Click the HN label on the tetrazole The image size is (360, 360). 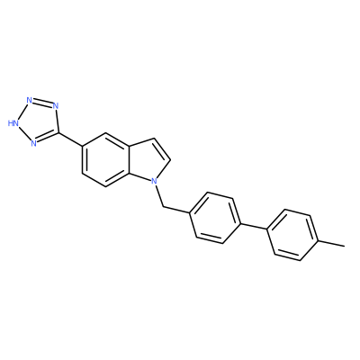(13, 123)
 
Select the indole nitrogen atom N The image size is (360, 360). (154, 181)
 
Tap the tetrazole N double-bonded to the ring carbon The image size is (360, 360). (33, 143)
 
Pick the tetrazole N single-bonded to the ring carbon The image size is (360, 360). (55, 106)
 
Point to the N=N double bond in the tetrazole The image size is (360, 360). (42, 102)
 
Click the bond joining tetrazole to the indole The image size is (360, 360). (70, 139)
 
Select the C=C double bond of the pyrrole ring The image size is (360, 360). (162, 149)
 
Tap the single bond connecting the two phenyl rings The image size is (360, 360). (254, 227)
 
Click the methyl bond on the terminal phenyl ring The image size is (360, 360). (331, 244)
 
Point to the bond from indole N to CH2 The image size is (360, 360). (159, 195)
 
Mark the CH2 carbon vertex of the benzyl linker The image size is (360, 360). (163, 206)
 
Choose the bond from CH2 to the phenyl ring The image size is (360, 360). (176, 210)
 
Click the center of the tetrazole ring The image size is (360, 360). (39, 122)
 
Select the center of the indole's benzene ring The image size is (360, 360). (105, 159)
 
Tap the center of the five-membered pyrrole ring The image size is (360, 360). (150, 161)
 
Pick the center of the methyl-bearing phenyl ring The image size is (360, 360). (292, 235)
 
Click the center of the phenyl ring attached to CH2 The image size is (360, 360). (215, 218)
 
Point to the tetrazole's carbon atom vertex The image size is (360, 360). (58, 132)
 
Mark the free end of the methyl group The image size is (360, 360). (345, 247)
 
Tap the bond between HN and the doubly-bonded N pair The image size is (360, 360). (23, 112)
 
